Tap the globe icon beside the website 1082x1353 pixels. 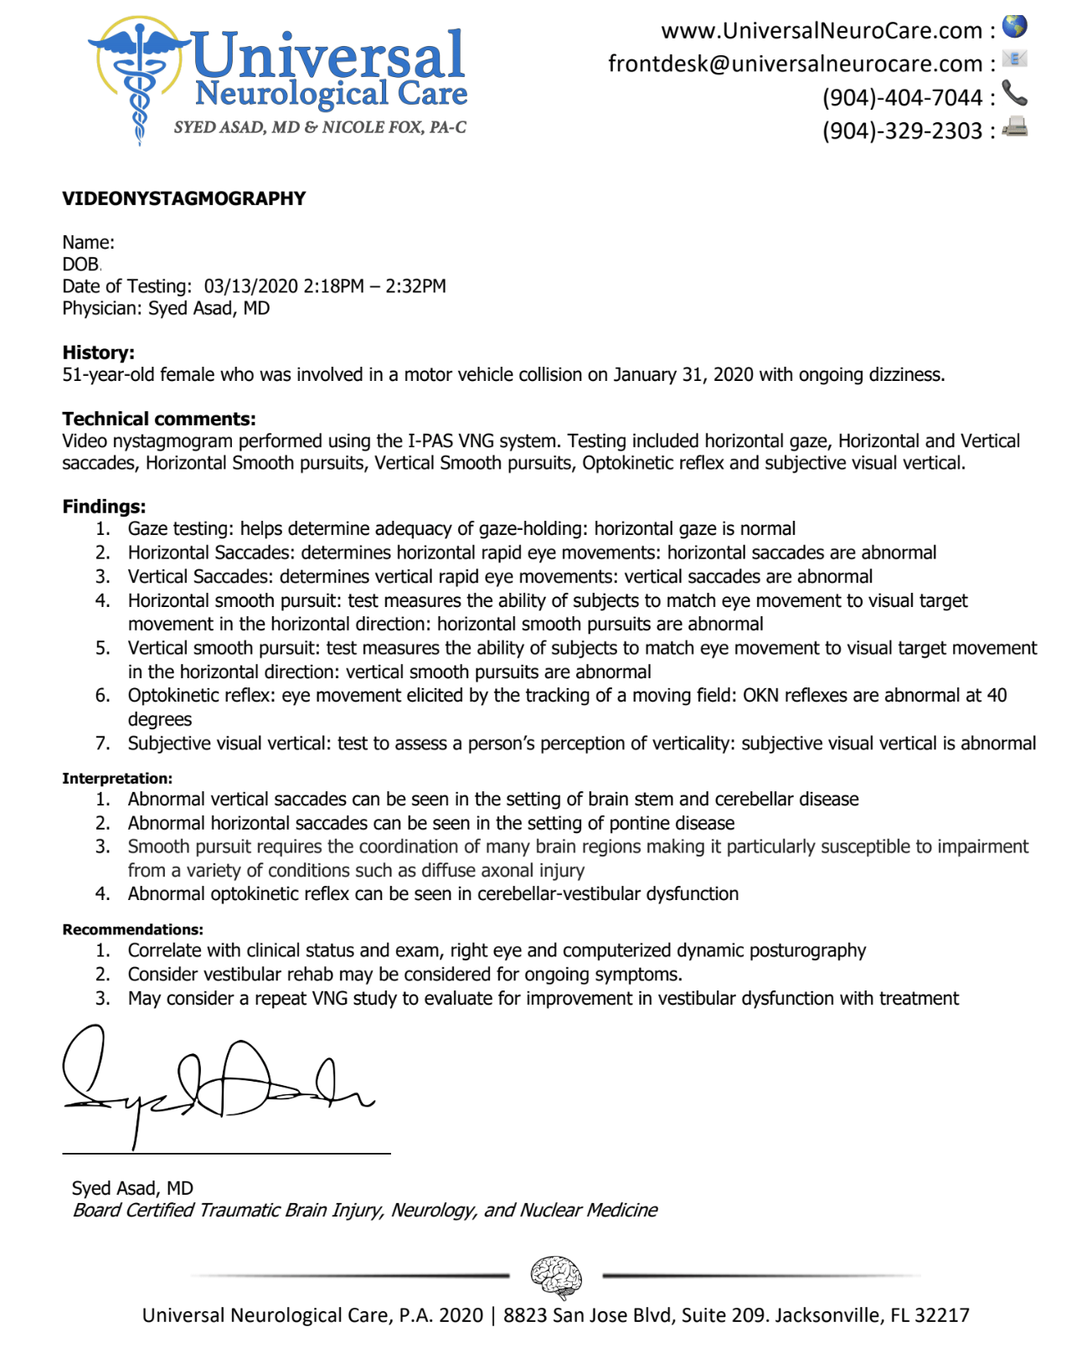(x=1015, y=27)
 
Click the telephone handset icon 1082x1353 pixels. (x=1014, y=93)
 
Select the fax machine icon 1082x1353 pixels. (x=1015, y=127)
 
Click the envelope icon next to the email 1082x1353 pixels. (x=1014, y=59)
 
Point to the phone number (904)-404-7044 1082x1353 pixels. (x=902, y=98)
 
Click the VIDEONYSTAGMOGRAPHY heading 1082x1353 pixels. (x=184, y=198)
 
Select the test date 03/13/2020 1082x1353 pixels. (x=250, y=286)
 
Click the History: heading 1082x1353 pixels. (x=98, y=352)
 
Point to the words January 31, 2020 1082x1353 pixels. (x=683, y=375)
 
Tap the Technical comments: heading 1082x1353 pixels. (x=159, y=419)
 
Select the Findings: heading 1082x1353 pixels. (x=104, y=507)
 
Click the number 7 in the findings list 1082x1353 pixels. (x=102, y=743)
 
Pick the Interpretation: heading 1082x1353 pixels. (x=117, y=779)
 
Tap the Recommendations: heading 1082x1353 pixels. (x=132, y=929)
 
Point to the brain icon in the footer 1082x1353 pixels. (x=556, y=1276)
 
